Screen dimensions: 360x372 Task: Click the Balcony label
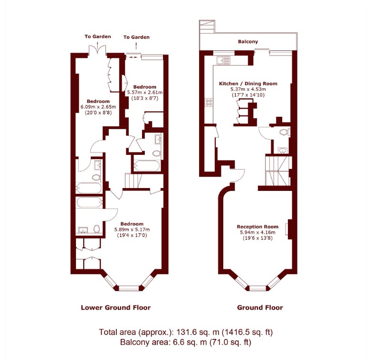pyautogui.click(x=248, y=42)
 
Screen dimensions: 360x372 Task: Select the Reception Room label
pyautogui.click(x=258, y=227)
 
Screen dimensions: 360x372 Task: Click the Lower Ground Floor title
pyautogui.click(x=115, y=307)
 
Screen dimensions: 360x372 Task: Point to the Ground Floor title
pyautogui.click(x=260, y=307)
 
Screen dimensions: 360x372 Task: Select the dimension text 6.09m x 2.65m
pyautogui.click(x=98, y=107)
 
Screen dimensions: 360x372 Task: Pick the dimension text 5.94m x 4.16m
pyautogui.click(x=258, y=232)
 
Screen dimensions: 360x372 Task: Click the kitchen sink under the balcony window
pyautogui.click(x=222, y=60)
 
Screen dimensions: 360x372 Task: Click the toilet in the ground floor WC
pyautogui.click(x=284, y=133)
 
